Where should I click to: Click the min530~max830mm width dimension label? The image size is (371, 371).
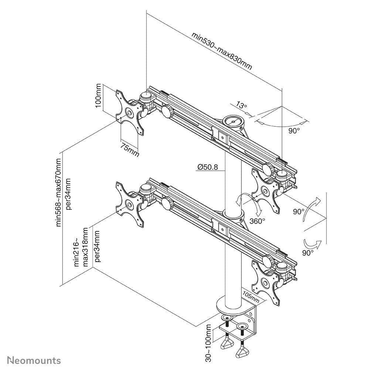pyautogui.click(x=222, y=51)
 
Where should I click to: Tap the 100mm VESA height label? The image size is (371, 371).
pyautogui.click(x=98, y=97)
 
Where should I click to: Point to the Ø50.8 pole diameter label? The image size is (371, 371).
pyautogui.click(x=207, y=167)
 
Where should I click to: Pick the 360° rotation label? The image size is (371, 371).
pyautogui.click(x=257, y=221)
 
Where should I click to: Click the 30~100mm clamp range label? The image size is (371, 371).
pyautogui.click(x=209, y=343)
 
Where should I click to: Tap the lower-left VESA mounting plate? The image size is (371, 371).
pyautogui.click(x=129, y=204)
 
